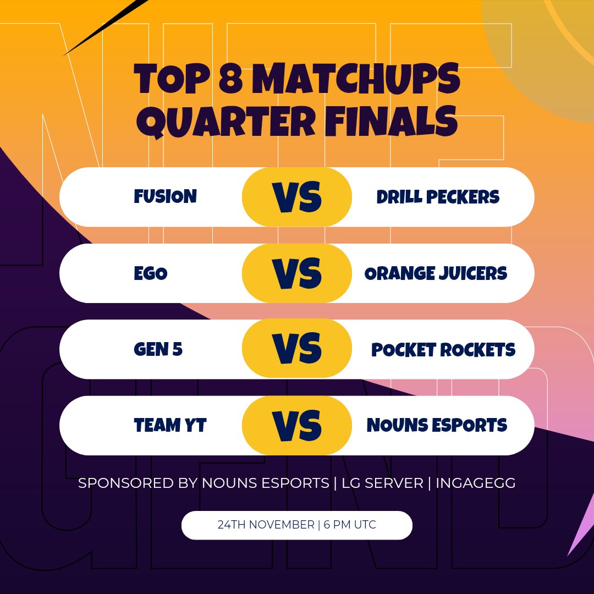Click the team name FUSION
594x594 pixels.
tap(165, 196)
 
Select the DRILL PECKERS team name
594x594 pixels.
tap(438, 197)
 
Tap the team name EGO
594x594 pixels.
tap(150, 273)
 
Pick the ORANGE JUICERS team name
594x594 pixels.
tap(436, 273)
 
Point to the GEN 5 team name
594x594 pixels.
tap(158, 349)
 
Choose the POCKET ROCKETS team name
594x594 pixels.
tap(443, 350)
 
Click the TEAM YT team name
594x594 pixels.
tap(170, 425)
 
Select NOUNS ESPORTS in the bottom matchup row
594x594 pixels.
tap(437, 425)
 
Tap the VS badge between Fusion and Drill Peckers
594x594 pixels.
tap(297, 197)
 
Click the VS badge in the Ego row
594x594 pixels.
tap(297, 273)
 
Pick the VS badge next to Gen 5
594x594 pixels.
tap(297, 349)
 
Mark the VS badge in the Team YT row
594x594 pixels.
tap(297, 425)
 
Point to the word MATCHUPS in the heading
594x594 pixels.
tap(358, 80)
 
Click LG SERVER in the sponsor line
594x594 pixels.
tap(382, 483)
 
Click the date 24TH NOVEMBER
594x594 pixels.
tap(266, 525)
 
